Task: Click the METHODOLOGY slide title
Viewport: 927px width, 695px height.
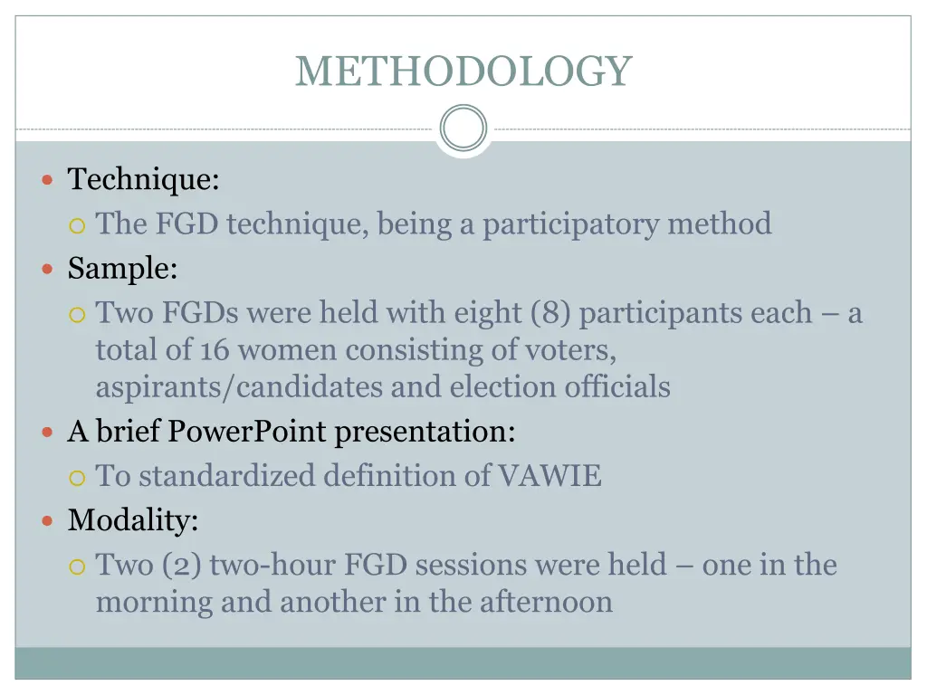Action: point(463,71)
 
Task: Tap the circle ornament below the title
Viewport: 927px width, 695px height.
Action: point(463,129)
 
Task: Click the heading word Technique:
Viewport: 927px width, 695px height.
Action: point(143,179)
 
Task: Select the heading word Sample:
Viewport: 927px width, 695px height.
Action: point(122,269)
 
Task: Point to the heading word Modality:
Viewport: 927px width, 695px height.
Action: point(133,520)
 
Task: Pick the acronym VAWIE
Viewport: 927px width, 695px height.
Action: point(550,476)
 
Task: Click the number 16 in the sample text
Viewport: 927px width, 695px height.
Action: point(215,350)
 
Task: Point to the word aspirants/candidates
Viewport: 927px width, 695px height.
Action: point(239,387)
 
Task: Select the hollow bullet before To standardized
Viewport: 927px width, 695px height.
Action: point(78,477)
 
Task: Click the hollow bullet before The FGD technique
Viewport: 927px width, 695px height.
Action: point(78,224)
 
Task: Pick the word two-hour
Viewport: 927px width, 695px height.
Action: point(272,566)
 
